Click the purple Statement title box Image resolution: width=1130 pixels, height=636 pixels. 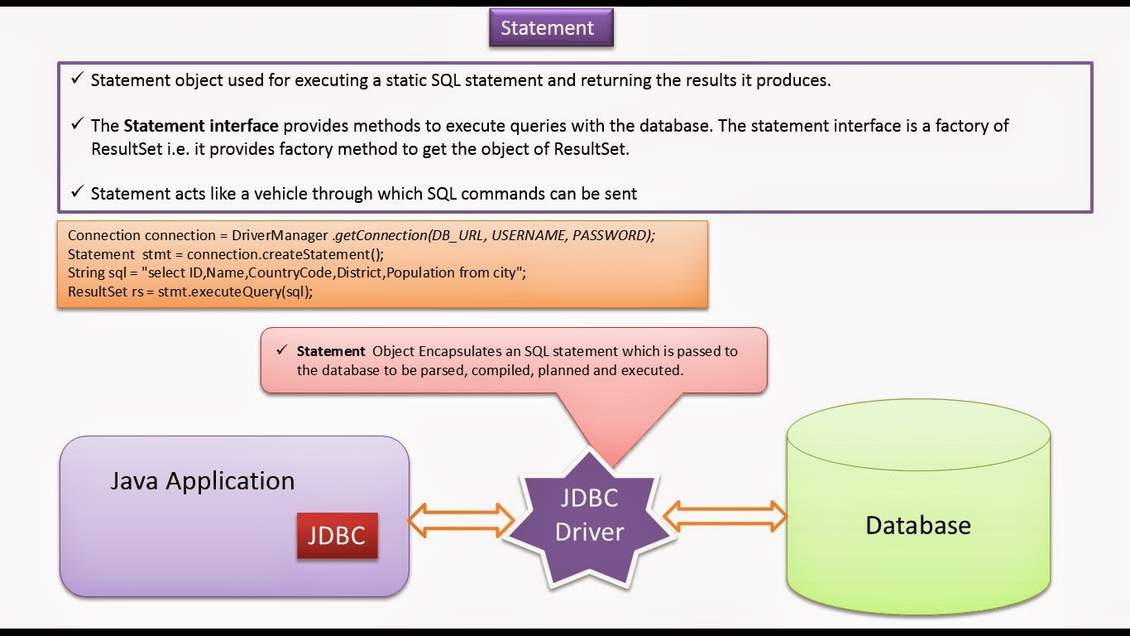click(x=547, y=28)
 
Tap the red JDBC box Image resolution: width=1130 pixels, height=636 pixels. click(x=337, y=535)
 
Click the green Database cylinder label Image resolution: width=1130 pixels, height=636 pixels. click(x=917, y=525)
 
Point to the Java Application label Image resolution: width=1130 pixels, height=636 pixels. click(x=202, y=481)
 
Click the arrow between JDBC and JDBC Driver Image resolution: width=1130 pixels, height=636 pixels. click(x=461, y=519)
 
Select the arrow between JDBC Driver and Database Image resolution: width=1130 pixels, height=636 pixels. click(x=725, y=516)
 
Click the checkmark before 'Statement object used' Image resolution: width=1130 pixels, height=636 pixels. click(x=77, y=79)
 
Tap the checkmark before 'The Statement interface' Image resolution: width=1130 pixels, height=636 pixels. click(x=77, y=125)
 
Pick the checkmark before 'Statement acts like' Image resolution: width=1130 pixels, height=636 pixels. click(x=77, y=192)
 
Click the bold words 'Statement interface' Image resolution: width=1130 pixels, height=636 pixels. click(x=200, y=126)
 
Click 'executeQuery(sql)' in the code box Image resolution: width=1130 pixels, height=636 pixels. click(x=256, y=291)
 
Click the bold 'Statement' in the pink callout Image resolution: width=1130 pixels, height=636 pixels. click(x=331, y=351)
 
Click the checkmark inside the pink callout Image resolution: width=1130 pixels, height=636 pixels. click(x=281, y=351)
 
